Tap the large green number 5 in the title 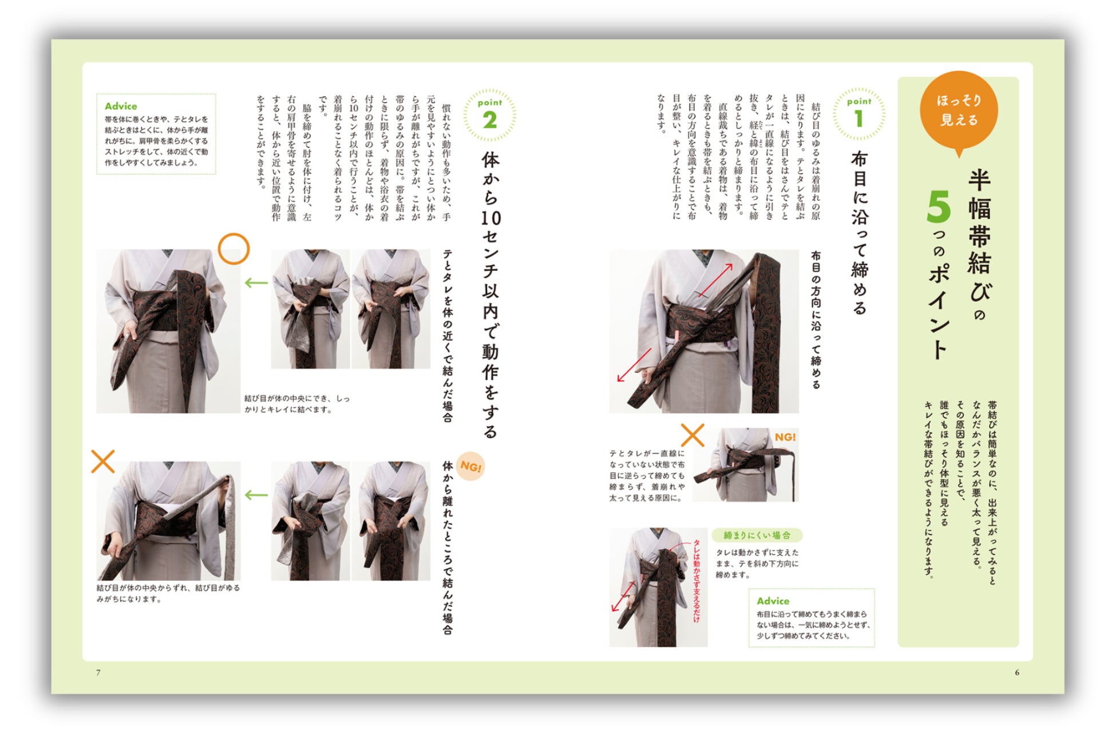(x=939, y=207)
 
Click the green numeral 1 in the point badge (x=858, y=119)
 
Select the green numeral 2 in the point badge (x=490, y=120)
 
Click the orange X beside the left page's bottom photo (x=103, y=462)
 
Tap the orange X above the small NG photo (x=692, y=435)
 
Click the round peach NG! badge (x=470, y=467)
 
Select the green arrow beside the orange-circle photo (x=256, y=282)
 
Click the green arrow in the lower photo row (x=256, y=495)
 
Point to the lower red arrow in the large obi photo (x=634, y=365)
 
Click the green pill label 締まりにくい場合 (x=757, y=535)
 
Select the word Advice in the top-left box (x=121, y=106)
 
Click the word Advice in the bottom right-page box (x=773, y=601)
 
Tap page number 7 (x=98, y=672)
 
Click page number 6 (x=1017, y=672)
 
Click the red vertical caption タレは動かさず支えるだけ (x=696, y=580)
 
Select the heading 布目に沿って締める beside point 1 (x=860, y=232)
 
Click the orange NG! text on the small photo (x=785, y=437)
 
